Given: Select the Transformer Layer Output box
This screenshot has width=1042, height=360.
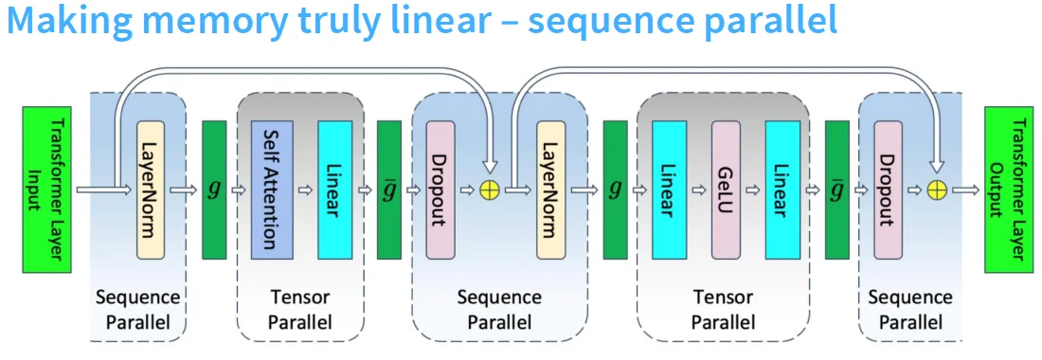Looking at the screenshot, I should [1009, 190].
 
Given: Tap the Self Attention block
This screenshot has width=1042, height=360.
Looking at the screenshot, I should [271, 189].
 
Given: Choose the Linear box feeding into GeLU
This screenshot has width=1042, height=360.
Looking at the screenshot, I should [669, 189].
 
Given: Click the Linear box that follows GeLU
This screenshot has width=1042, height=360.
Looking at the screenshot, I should [781, 189].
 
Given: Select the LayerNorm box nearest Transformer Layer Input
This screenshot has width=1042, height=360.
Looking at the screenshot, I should [152, 189].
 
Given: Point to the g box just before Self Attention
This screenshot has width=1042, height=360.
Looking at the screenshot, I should [215, 189].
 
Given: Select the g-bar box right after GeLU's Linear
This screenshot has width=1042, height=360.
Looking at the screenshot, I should [836, 189].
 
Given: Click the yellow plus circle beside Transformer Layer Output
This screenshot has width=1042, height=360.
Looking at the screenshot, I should [938, 190].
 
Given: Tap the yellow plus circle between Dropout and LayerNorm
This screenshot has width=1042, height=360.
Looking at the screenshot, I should [490, 190].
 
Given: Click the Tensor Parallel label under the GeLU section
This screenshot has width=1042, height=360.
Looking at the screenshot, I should [723, 310].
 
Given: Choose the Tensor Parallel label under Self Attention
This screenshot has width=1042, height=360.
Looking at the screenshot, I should [299, 310].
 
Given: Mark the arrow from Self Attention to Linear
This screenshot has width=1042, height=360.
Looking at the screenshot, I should [303, 190].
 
